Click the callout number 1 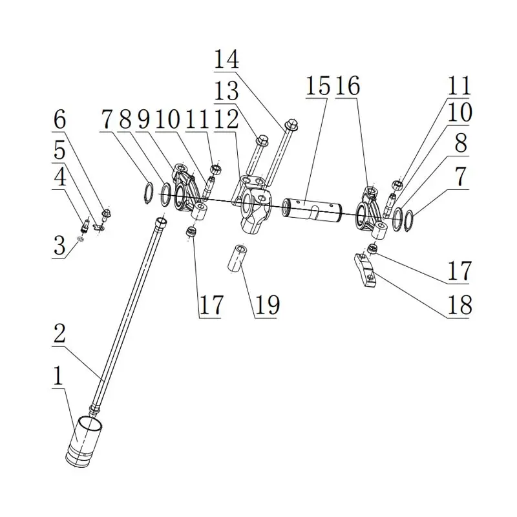coord(58,375)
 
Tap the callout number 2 coord(59,333)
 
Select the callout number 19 coord(267,304)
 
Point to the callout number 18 coord(459,304)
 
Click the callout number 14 coord(226,59)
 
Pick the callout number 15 coord(318,86)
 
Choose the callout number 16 coord(348,86)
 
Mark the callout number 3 coord(59,246)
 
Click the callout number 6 coord(59,120)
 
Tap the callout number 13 coord(226,90)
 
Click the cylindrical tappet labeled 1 coord(84,442)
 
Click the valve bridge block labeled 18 coord(365,270)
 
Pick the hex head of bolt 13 coord(262,141)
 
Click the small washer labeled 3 coord(80,238)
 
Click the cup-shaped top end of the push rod coord(160,221)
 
